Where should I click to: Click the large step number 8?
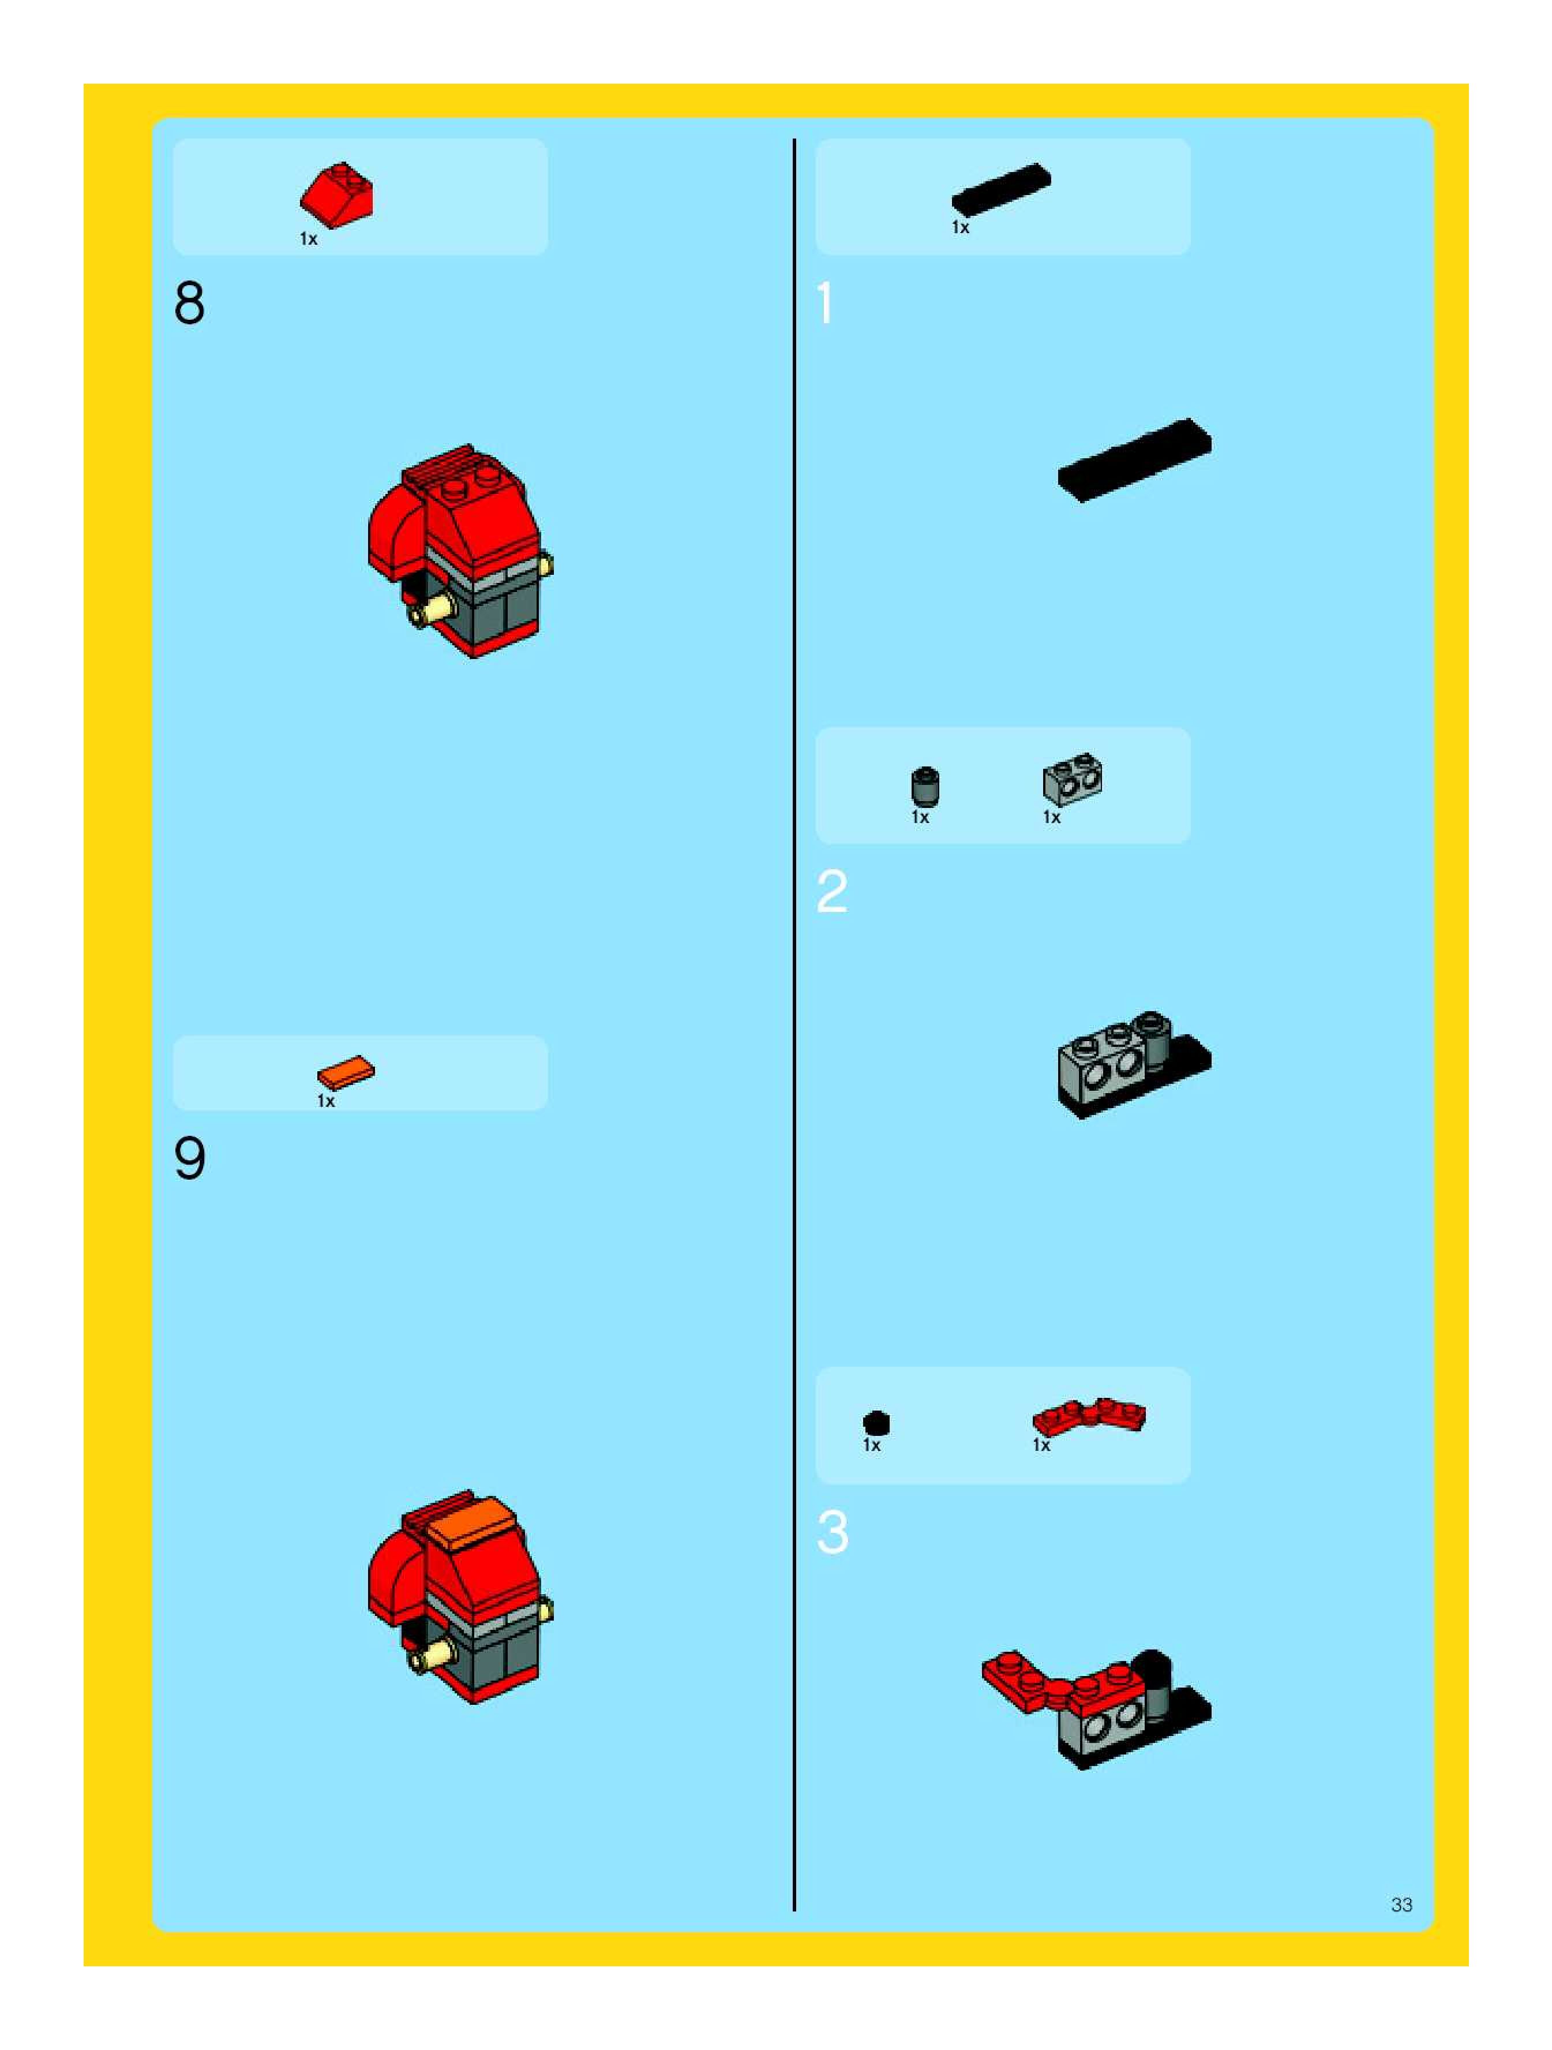click(x=189, y=303)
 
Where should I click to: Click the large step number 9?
click(x=190, y=1158)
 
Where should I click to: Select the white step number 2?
click(x=832, y=892)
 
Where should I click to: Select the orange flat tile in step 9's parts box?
click(x=346, y=1073)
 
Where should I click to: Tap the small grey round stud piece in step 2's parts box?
click(x=925, y=787)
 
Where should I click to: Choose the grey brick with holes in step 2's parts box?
click(x=1072, y=779)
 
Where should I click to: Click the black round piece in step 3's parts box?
click(x=876, y=1423)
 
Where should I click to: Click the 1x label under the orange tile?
click(x=325, y=1101)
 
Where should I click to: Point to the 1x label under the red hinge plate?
click(x=1041, y=1446)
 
